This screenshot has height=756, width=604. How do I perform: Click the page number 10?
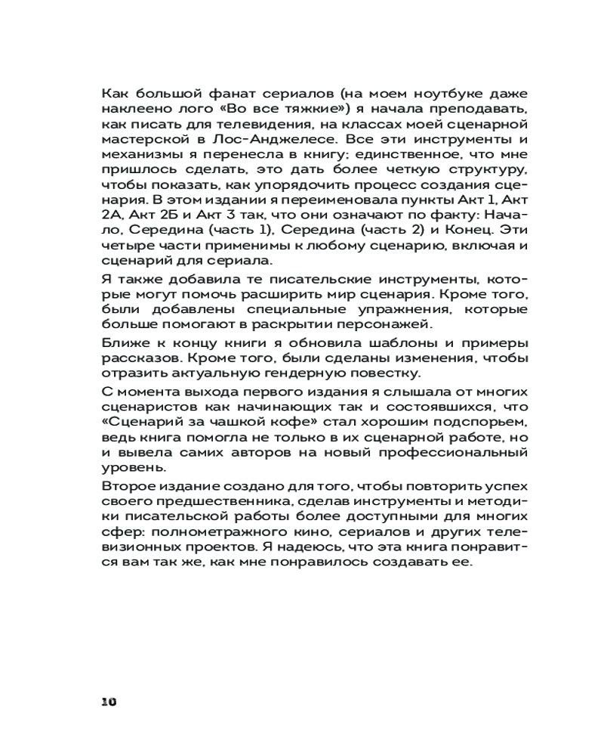pyautogui.click(x=109, y=702)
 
